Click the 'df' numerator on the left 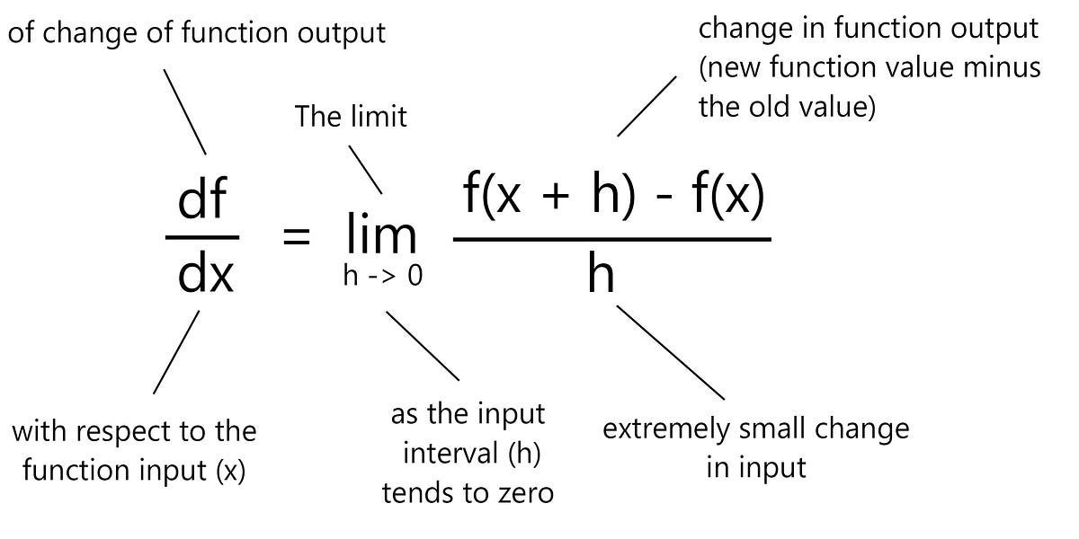tap(202, 202)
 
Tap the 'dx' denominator tap(205, 275)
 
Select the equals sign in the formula tap(296, 238)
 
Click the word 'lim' tap(380, 235)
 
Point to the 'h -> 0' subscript tap(382, 277)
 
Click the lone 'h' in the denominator tap(601, 275)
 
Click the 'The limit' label tap(351, 116)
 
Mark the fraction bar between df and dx tap(202, 238)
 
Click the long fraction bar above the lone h tap(611, 239)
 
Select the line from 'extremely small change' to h tap(670, 351)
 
